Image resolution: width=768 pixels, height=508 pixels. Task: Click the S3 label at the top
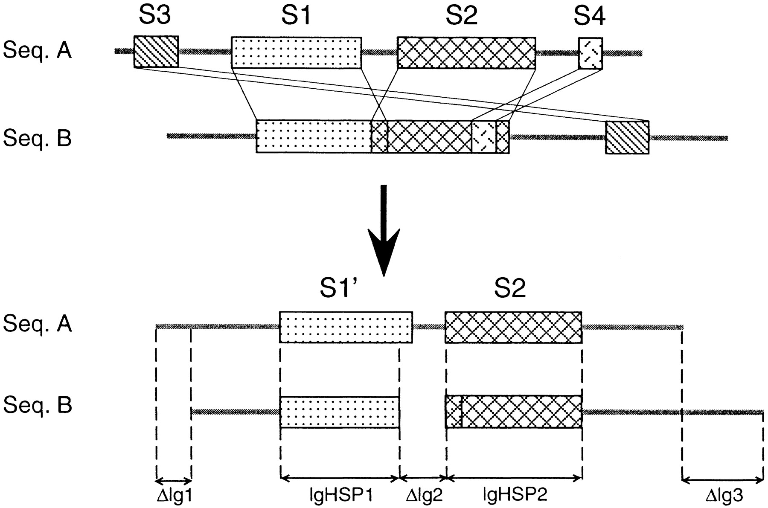tap(154, 16)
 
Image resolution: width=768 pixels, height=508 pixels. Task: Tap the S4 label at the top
tap(590, 17)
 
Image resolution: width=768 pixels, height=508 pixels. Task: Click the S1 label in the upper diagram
tap(296, 16)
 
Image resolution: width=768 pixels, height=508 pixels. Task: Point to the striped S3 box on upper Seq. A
tap(156, 52)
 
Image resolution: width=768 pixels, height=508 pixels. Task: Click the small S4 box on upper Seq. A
tap(591, 53)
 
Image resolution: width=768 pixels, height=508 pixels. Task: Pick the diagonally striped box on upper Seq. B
tap(627, 137)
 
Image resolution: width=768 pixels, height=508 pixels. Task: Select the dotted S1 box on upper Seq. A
tap(296, 52)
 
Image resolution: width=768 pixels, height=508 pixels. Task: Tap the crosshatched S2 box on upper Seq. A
tap(466, 52)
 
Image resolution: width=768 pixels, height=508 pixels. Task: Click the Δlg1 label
tap(175, 496)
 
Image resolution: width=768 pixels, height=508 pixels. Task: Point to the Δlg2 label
tap(424, 496)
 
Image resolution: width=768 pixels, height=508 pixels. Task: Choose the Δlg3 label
tap(724, 496)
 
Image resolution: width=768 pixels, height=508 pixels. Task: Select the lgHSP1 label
tap(341, 496)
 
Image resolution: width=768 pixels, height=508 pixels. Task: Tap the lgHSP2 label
tap(515, 495)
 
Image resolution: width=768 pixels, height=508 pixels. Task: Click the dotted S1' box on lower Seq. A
tap(346, 327)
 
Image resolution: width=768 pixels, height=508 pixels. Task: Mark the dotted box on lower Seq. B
tap(340, 412)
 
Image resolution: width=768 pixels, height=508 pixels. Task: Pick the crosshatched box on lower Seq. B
tap(513, 412)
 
